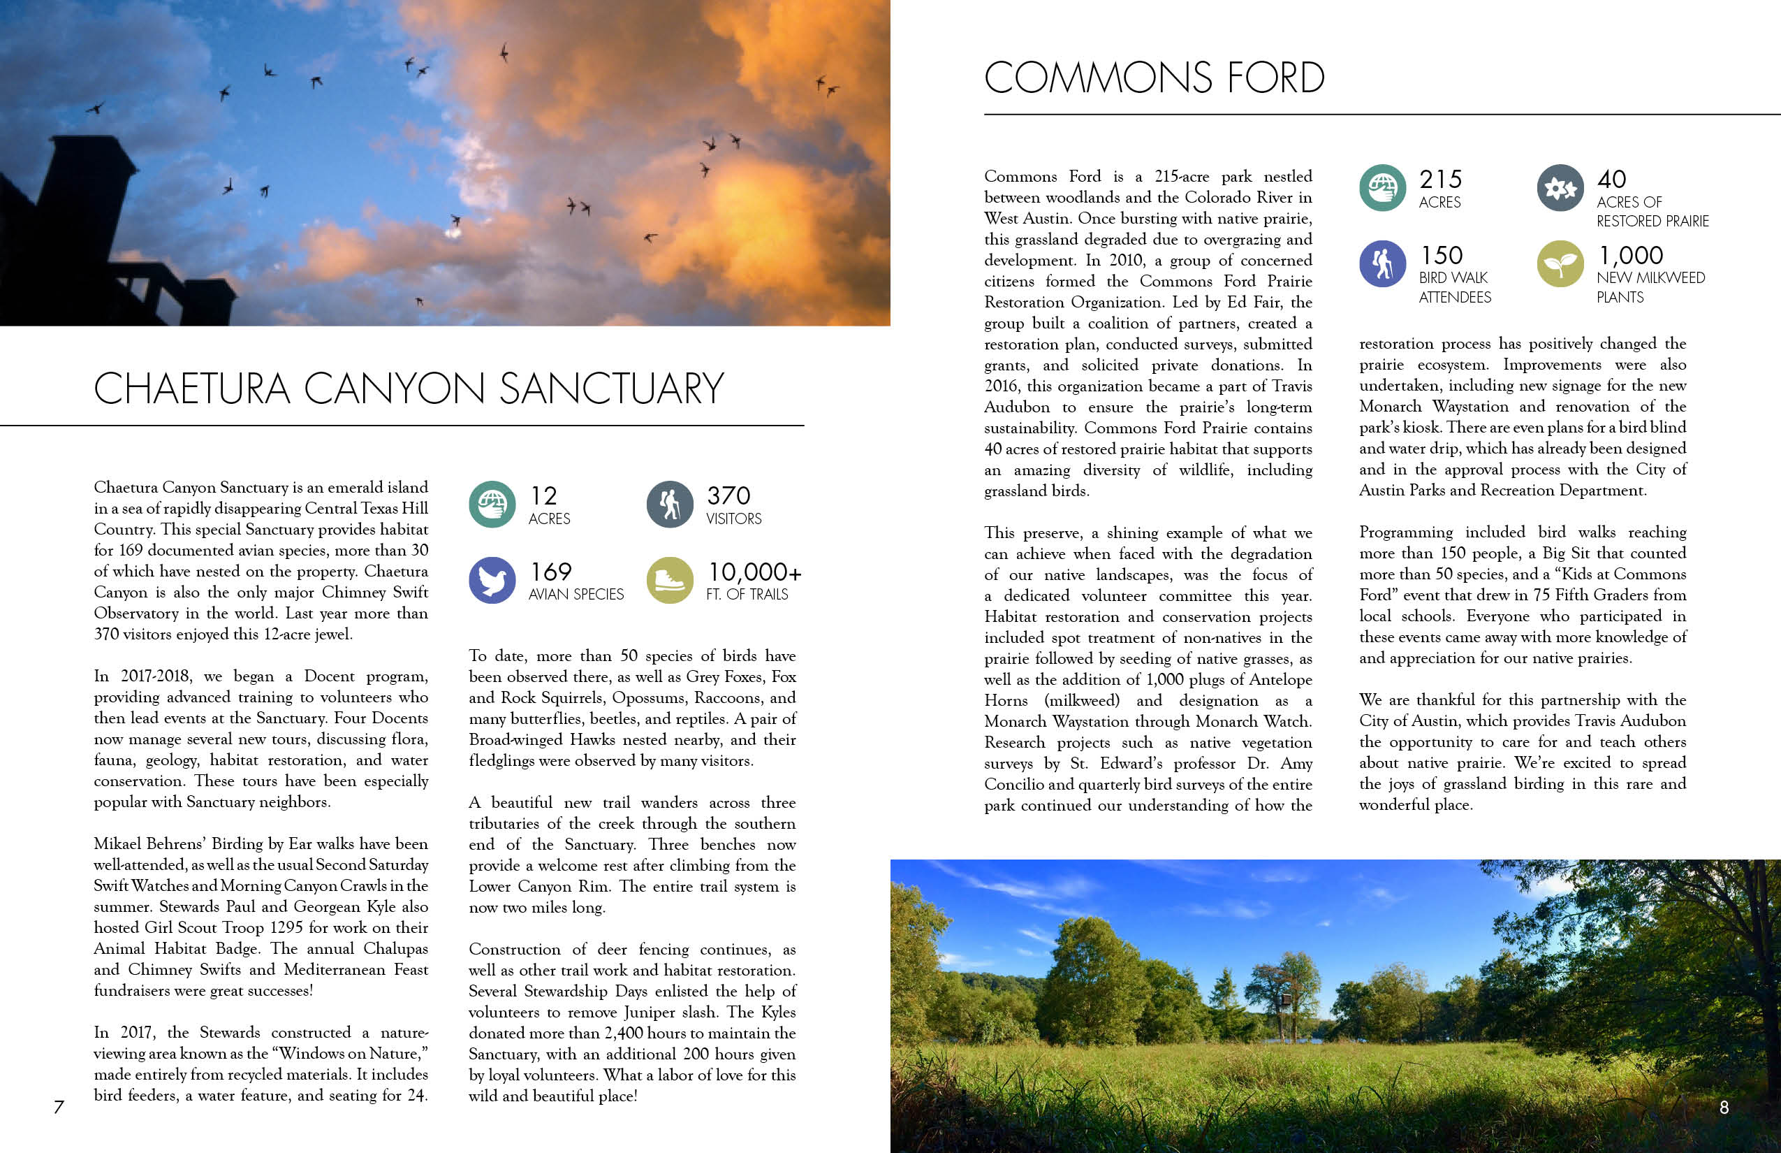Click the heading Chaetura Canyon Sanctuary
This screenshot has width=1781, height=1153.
point(409,389)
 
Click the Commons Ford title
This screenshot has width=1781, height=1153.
point(1154,78)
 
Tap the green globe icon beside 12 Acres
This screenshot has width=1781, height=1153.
point(492,504)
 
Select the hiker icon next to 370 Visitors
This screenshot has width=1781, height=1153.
point(670,504)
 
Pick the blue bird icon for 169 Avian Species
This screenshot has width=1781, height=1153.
point(492,580)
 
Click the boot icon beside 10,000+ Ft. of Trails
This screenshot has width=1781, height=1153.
point(670,580)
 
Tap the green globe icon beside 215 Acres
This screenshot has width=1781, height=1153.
point(1382,187)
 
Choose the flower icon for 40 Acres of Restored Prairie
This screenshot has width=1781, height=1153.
point(1560,187)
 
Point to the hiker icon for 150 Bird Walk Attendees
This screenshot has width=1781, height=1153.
point(1382,263)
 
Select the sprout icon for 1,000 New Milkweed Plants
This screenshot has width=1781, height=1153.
point(1560,263)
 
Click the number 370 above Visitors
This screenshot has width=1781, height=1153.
point(728,495)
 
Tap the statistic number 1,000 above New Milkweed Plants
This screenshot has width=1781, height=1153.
point(1631,255)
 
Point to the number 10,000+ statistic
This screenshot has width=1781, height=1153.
point(754,572)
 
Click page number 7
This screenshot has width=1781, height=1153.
point(59,1107)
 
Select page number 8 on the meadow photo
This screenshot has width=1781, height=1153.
point(1724,1108)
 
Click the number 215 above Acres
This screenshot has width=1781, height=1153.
point(1440,180)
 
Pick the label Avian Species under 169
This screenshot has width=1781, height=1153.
point(576,595)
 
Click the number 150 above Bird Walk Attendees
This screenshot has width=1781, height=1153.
point(1442,255)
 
